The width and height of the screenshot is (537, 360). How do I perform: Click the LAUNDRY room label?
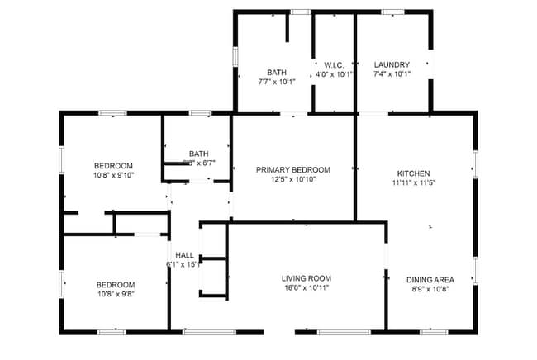392,64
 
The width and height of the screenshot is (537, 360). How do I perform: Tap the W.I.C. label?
333,64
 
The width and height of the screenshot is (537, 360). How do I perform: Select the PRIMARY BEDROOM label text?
293,169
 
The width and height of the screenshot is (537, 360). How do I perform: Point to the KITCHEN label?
413,173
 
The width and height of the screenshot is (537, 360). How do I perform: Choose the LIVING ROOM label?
307,278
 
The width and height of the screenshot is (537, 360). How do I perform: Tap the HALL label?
185,255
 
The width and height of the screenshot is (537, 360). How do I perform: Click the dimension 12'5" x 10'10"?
293,179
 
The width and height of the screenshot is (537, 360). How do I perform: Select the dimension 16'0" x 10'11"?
307,288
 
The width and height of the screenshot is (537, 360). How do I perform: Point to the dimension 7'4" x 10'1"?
392,74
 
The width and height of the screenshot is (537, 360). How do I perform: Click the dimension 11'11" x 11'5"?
413,182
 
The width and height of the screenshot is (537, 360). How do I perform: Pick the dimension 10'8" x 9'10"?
113,175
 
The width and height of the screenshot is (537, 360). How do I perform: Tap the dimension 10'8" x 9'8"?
115,294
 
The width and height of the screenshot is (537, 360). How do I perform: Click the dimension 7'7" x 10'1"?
277,82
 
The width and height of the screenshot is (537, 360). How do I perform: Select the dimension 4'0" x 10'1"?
333,74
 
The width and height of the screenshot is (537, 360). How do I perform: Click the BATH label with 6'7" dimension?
199,153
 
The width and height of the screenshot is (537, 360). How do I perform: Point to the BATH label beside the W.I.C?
277,72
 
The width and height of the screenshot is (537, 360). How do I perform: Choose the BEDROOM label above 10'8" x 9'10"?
113,165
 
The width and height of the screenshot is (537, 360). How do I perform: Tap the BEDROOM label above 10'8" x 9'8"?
115,284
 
